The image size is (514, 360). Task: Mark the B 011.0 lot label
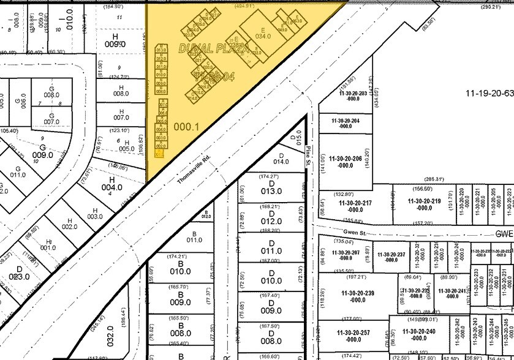[194, 236]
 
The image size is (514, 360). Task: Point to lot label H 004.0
[108, 184]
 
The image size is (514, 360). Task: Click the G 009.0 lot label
[43, 151]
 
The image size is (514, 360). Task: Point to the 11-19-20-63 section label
[488, 94]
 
